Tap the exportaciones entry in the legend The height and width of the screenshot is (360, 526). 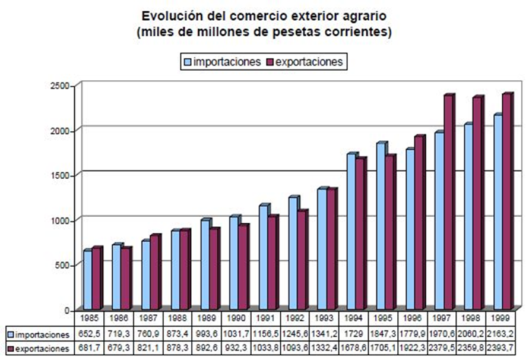point(302,62)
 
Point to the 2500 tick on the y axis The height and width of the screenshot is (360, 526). point(62,87)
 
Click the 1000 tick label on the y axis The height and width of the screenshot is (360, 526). point(62,220)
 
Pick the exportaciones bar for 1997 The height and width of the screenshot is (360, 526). point(448,202)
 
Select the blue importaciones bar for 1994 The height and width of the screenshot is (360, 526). point(351,232)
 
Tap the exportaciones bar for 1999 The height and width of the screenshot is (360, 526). point(506,202)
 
